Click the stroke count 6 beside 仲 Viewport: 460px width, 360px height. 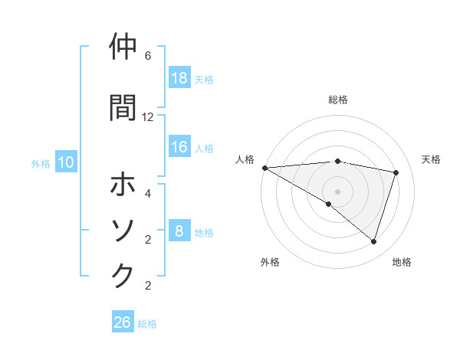[148, 56]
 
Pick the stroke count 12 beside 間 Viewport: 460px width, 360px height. [148, 117]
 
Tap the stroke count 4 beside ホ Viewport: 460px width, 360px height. [148, 194]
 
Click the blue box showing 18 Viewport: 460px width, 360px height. [179, 77]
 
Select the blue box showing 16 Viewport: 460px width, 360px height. [179, 147]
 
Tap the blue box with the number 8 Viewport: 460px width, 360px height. [179, 231]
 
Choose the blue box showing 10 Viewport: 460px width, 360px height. [65, 162]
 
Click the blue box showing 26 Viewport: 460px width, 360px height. [123, 322]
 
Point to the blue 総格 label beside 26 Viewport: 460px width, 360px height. [147, 323]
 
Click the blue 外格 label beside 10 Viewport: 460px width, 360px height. [41, 163]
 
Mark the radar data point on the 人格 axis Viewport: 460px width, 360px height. [264, 168]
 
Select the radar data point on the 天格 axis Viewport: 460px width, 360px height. [396, 172]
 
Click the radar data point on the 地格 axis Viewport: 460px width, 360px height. [373, 242]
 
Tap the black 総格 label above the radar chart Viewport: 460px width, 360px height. [338, 100]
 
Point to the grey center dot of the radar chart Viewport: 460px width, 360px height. [337, 191]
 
